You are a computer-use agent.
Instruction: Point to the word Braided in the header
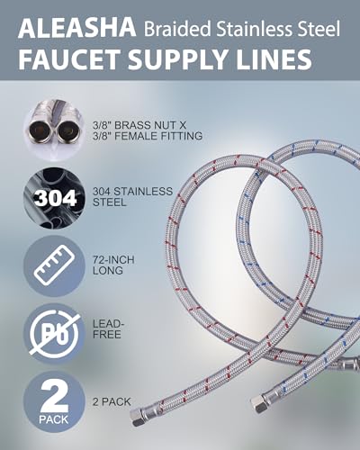coord(178,29)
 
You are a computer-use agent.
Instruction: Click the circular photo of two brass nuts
coord(54,130)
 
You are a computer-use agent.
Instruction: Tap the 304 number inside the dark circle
coord(55,198)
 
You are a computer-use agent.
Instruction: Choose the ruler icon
coord(54,265)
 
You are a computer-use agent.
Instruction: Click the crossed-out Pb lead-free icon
coord(54,334)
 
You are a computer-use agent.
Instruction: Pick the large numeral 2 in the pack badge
coord(54,395)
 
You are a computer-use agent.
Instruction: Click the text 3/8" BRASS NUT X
coord(139,125)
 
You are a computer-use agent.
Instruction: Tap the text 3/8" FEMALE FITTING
coord(148,136)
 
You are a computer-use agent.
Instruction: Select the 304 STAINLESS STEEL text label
coord(132,196)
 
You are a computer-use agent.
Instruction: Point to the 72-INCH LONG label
coord(113,265)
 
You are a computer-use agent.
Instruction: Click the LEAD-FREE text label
coord(108,329)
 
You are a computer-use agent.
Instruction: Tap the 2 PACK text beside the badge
coord(112,401)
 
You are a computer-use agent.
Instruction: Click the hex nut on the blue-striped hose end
coord(257,403)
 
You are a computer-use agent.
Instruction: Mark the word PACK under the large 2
coord(54,419)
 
